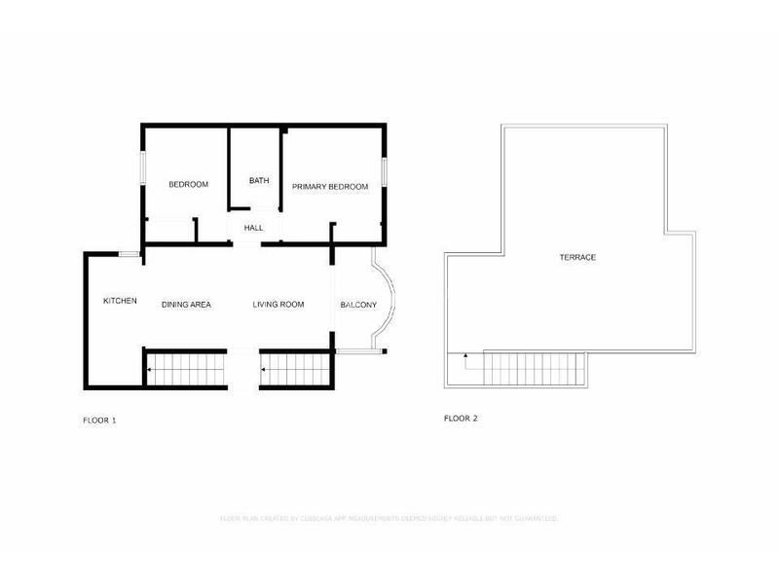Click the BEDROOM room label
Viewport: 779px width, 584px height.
(188, 185)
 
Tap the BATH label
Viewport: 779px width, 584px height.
(258, 180)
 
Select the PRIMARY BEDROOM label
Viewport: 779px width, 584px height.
(330, 186)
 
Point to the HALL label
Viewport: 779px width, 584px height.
(253, 228)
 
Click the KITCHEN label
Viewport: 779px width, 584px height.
(120, 301)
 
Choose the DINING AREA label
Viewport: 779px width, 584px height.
(186, 305)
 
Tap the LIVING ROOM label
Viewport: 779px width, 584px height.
(278, 305)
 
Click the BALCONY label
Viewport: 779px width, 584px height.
(358, 305)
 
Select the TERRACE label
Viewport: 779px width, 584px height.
(577, 257)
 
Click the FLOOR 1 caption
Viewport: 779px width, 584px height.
(99, 420)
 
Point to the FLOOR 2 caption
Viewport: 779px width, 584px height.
(461, 419)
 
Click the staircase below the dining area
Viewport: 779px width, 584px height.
(186, 370)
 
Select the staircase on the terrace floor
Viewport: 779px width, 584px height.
(534, 369)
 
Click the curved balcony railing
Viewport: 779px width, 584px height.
(391, 305)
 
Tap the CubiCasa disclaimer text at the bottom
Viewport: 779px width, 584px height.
(389, 519)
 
